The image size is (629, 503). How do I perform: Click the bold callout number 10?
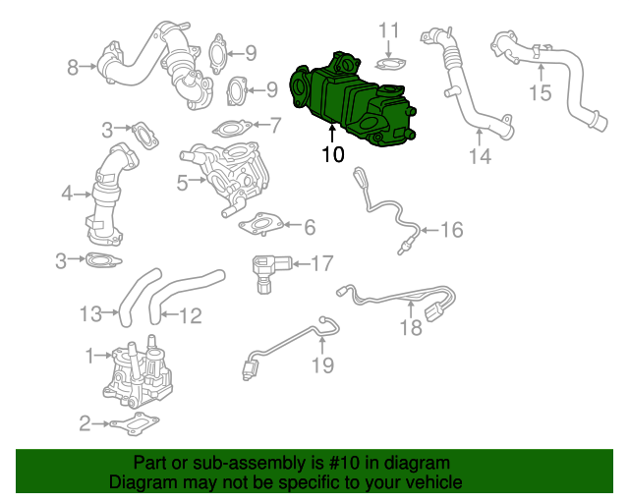coord(332,154)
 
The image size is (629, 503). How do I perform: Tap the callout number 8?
coord(72,68)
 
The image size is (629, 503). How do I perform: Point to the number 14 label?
coord(479,157)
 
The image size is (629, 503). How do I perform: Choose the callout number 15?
coord(541,93)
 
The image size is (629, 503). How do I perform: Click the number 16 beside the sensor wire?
coord(450,231)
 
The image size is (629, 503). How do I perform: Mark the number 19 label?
coord(323,365)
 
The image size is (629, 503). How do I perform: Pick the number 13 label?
coord(91,314)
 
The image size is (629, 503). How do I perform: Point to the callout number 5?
coord(182,182)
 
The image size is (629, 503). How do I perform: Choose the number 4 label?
coord(67,194)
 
